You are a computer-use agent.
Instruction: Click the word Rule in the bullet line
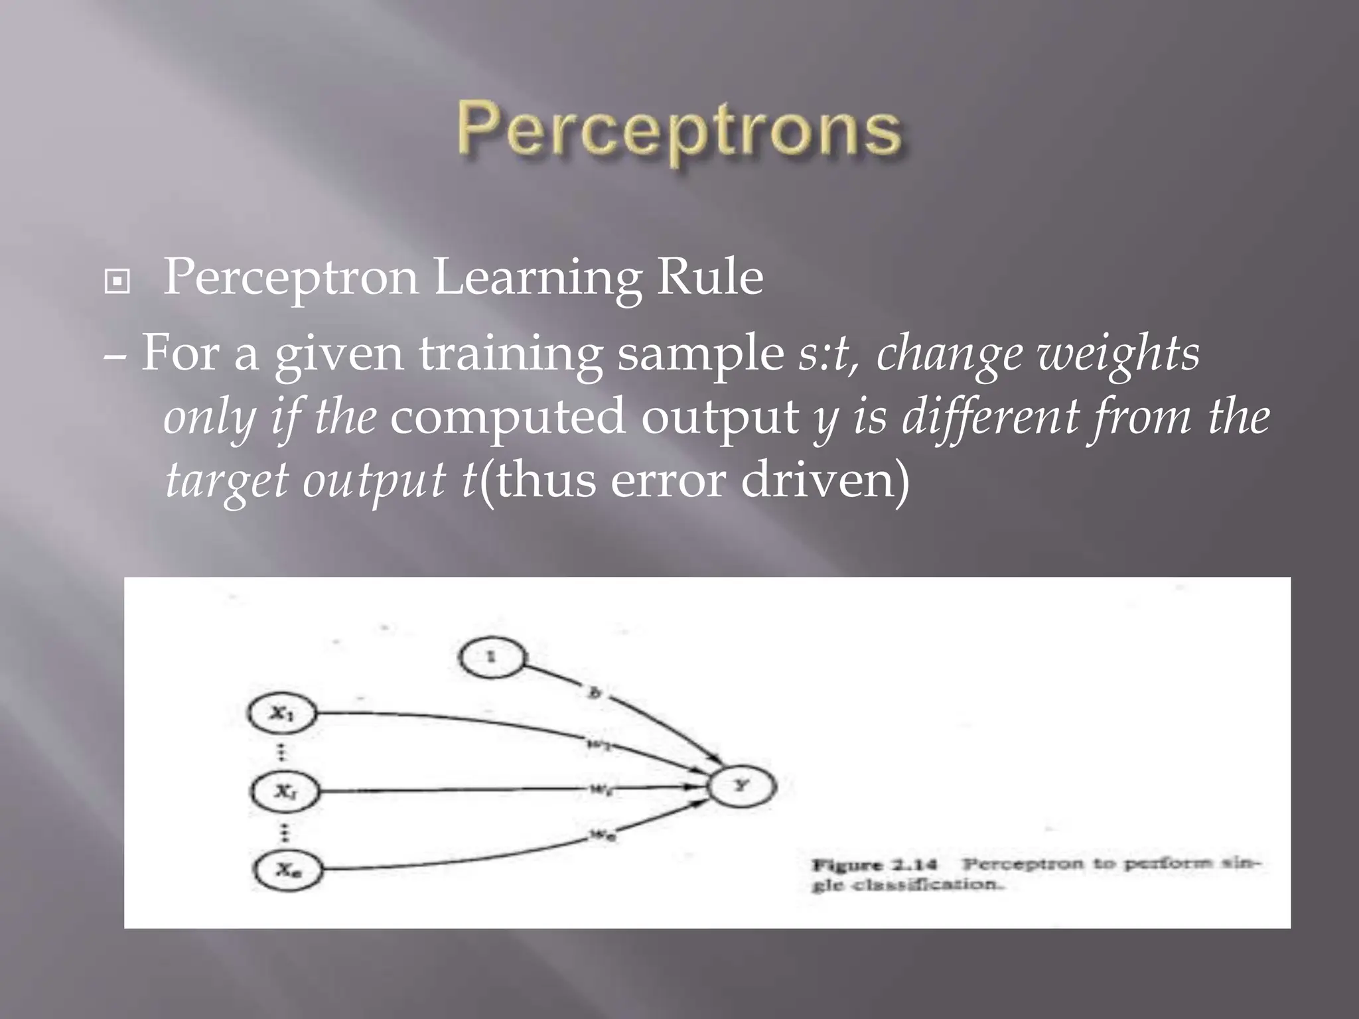709,277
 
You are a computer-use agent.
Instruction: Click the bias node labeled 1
491,657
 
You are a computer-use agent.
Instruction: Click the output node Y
741,786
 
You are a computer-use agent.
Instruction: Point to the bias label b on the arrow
595,693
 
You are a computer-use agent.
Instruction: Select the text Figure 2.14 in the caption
875,865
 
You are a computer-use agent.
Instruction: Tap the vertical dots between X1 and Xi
281,752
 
